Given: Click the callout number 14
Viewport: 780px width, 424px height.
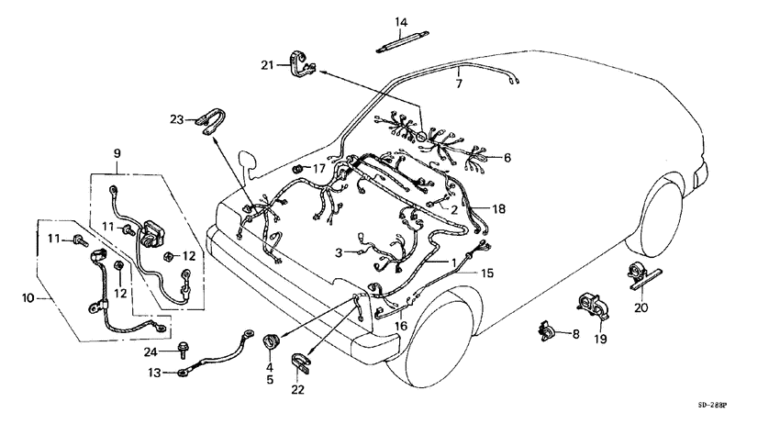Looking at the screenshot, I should click(x=401, y=22).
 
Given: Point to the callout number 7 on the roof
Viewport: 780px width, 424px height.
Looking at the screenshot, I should click(x=460, y=84).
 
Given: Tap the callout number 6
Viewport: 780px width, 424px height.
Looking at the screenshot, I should click(x=507, y=158).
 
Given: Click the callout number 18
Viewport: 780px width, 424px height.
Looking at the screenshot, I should click(x=498, y=209).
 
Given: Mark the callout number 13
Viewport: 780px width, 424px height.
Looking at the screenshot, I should click(x=155, y=373).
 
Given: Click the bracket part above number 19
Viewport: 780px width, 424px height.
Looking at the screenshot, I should click(x=594, y=307).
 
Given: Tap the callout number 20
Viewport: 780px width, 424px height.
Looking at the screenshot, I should click(x=641, y=307).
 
